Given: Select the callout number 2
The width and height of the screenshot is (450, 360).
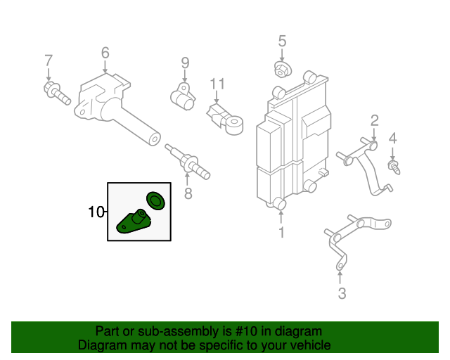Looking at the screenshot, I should coord(375,120).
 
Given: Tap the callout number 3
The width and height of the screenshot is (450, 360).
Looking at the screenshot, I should coord(342,293).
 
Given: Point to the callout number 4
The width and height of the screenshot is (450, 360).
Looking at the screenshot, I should coord(393,138).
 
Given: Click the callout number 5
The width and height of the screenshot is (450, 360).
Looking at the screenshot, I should coord(282,41).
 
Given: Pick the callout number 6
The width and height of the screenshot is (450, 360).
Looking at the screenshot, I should coord(105,53).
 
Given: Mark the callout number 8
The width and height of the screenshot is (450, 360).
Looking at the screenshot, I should coord(188,193).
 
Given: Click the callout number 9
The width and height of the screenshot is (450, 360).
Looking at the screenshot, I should coord(186,63).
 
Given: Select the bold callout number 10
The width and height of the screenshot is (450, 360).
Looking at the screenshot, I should coord(96,212).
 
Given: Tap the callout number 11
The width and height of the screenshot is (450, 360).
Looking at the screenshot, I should coord(218,84).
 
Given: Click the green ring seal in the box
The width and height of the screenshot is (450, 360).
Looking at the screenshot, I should coord(155,200).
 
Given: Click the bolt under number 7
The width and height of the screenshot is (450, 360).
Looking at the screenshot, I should coord(57,93).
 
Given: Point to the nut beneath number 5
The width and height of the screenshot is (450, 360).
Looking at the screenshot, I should coord(282,70).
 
